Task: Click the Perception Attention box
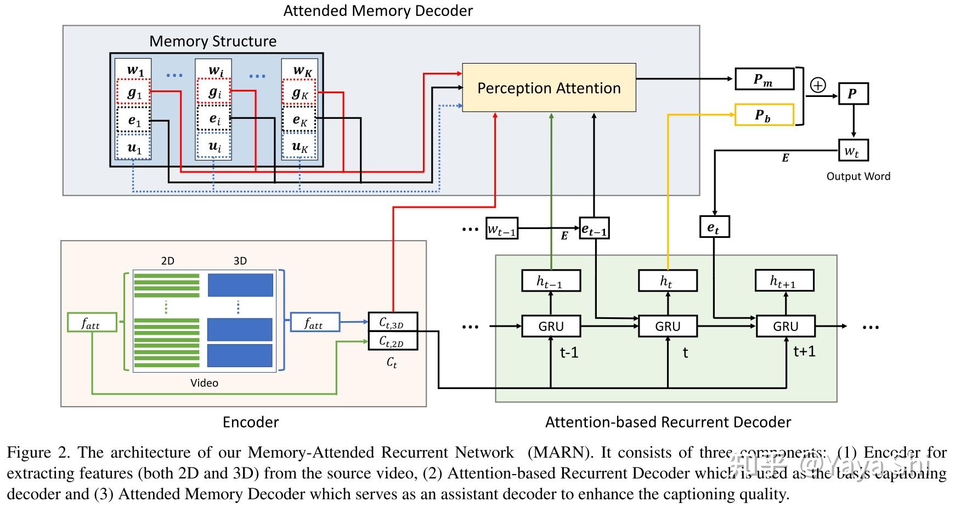point(549,88)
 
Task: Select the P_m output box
point(764,79)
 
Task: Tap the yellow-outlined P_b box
point(764,115)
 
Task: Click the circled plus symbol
point(818,85)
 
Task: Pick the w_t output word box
point(853,150)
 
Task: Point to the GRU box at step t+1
point(785,326)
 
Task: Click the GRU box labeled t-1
point(551,326)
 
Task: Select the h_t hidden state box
point(668,281)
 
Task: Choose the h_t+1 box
point(784,281)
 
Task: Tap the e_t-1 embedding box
point(594,228)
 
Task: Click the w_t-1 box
point(502,228)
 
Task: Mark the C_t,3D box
point(392,322)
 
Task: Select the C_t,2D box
point(392,341)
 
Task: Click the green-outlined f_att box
point(92,322)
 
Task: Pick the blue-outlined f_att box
point(314,322)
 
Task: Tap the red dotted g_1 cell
point(133,92)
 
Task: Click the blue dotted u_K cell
point(300,146)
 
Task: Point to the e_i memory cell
point(214,119)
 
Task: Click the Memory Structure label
point(213,41)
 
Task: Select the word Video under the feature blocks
point(204,383)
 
